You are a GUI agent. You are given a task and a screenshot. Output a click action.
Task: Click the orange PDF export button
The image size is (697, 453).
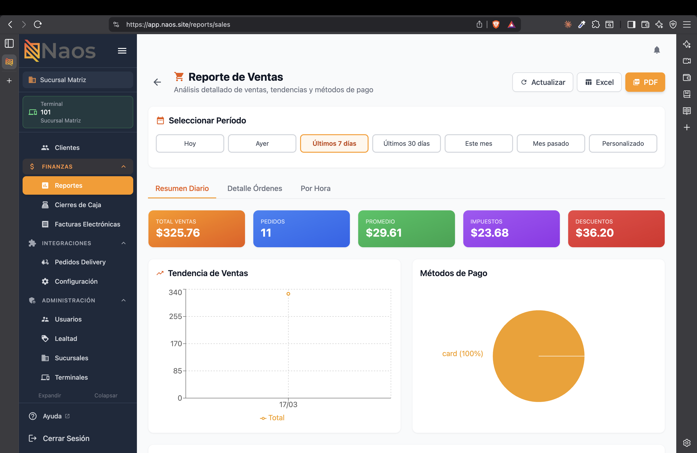pyautogui.click(x=645, y=82)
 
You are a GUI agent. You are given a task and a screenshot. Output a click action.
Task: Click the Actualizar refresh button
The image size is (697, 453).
pyautogui.click(x=543, y=82)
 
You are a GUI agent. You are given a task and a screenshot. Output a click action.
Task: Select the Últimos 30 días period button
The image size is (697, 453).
pyautogui.click(x=407, y=143)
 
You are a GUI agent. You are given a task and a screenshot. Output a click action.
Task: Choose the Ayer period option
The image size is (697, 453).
pyautogui.click(x=262, y=143)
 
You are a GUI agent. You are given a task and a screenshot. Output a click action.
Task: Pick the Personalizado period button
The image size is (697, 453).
pyautogui.click(x=623, y=143)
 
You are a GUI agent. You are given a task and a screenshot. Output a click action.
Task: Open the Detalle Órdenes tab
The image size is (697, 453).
pyautogui.click(x=255, y=188)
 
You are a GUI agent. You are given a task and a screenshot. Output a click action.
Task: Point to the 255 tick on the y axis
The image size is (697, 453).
pyautogui.click(x=176, y=316)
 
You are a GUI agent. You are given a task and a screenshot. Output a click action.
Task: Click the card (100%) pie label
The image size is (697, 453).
pyautogui.click(x=462, y=354)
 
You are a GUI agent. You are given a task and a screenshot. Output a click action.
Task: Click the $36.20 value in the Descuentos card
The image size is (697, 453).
pyautogui.click(x=594, y=233)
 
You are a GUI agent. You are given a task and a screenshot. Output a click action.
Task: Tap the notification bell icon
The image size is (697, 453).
pyautogui.click(x=657, y=50)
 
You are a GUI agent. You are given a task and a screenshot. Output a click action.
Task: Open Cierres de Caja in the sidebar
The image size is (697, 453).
pyautogui.click(x=78, y=205)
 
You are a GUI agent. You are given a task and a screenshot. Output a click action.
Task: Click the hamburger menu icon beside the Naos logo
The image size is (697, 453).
pyautogui.click(x=122, y=51)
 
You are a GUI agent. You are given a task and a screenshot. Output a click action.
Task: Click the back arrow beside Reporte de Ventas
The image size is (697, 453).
pyautogui.click(x=157, y=82)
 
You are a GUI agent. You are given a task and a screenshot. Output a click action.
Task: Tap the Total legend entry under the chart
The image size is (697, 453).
pyautogui.click(x=272, y=418)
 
